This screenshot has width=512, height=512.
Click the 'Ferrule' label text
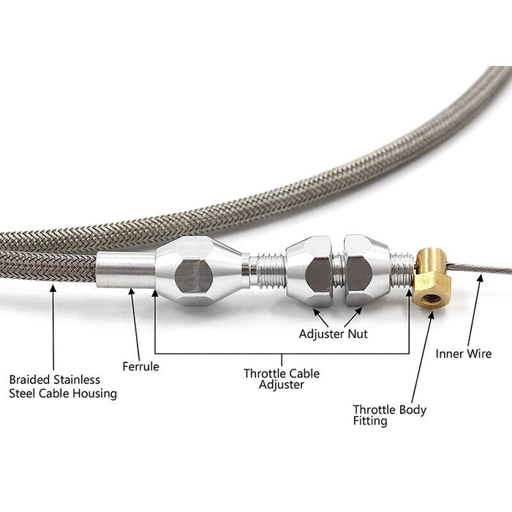[x=141, y=366]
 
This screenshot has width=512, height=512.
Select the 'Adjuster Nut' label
[x=333, y=334]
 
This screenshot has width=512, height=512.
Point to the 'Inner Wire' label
[x=464, y=353]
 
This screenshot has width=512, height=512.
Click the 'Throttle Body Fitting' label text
[x=389, y=415]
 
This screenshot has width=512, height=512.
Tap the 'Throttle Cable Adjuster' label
[x=282, y=379]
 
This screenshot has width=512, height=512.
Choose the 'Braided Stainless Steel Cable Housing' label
[x=62, y=386]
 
